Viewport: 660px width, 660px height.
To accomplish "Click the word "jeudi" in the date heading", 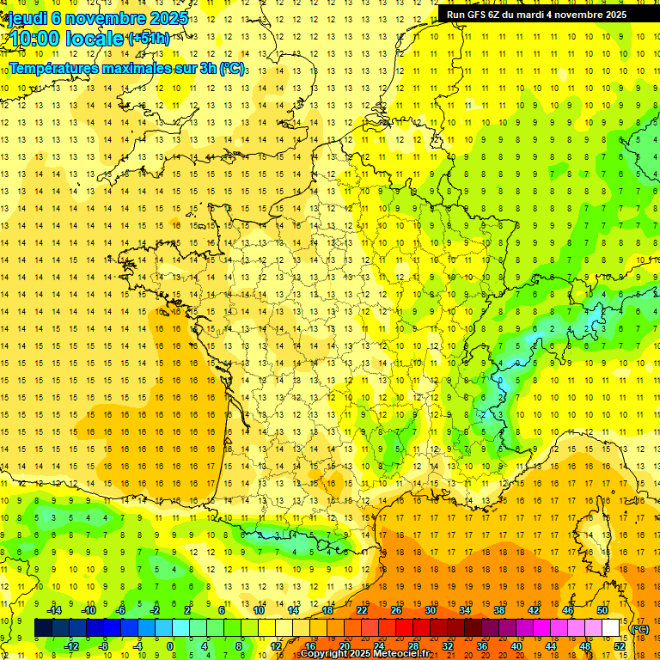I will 27,18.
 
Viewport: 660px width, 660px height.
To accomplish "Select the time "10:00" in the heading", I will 39,39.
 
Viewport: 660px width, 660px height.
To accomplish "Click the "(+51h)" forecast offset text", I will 148,39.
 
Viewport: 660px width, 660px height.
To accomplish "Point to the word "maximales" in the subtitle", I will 137,68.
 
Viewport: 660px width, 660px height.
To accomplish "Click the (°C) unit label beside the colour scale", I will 639,629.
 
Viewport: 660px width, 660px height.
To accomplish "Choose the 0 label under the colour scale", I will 169,646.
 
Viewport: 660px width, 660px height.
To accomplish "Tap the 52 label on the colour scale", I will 620,646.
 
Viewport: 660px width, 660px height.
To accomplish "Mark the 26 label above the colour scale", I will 396,610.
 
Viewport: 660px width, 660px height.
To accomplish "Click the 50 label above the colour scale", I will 602,610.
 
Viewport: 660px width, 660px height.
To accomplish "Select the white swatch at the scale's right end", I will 611,628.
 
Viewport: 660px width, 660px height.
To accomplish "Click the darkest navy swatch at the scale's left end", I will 44,628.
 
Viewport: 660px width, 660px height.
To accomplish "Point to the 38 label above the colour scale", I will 499,610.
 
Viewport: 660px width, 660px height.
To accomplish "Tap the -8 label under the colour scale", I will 104,646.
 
